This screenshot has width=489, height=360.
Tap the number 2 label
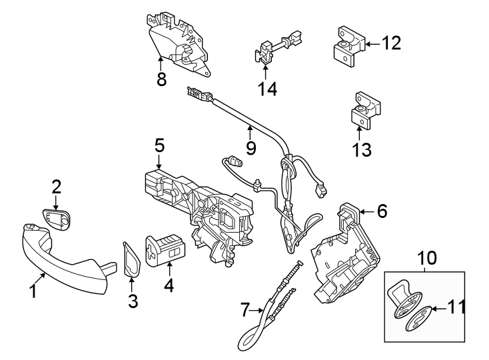click(57, 186)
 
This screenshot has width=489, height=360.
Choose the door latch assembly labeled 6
click(343, 257)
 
